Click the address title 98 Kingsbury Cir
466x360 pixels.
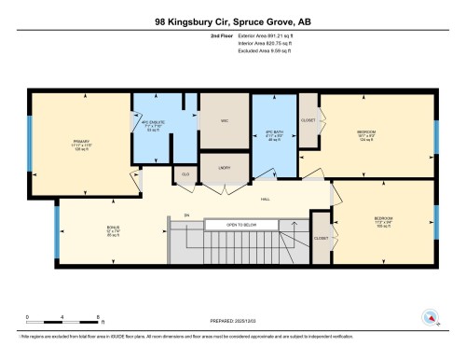pos(232,21)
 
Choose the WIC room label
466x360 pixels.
pos(225,121)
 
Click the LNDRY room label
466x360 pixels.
pos(225,169)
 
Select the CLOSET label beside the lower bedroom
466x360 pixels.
pos(321,238)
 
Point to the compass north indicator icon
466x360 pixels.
pos(430,317)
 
